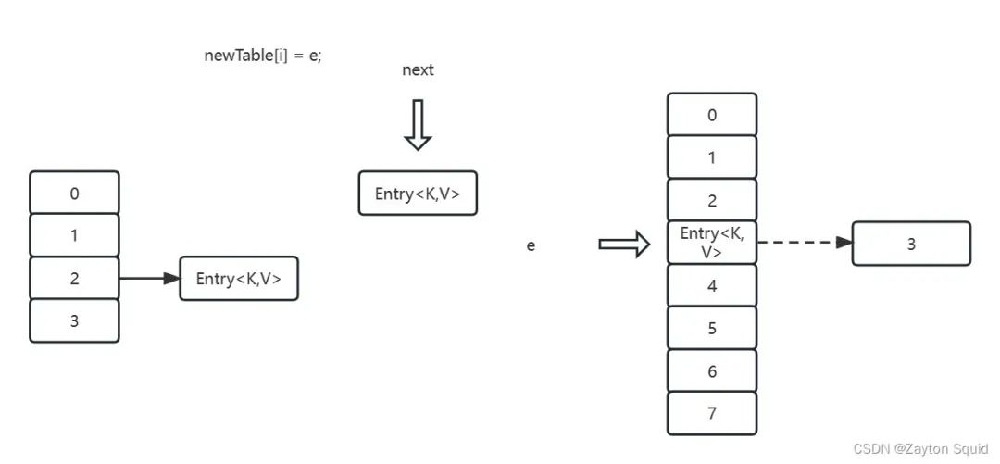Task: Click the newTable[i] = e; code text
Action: [x=263, y=56]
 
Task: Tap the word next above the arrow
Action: [x=418, y=69]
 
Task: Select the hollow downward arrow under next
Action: [x=418, y=124]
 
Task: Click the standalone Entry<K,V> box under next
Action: [x=418, y=193]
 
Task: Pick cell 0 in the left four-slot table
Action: [x=75, y=192]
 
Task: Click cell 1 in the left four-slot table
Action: [x=75, y=235]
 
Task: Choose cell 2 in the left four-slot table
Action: [x=75, y=278]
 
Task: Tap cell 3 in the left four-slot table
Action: [x=75, y=320]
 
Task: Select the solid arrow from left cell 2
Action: [x=150, y=278]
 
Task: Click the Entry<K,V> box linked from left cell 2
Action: [x=239, y=278]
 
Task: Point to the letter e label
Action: [x=531, y=245]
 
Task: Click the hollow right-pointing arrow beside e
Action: [x=624, y=244]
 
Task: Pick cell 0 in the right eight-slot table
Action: [x=712, y=114]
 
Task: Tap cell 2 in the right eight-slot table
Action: [x=712, y=200]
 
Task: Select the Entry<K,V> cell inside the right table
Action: [x=712, y=243]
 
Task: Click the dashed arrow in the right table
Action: [x=805, y=243]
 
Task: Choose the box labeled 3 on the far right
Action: [x=911, y=244]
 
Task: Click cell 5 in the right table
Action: [x=712, y=328]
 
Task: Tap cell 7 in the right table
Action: [x=712, y=414]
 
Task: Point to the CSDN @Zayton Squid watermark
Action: [x=922, y=448]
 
